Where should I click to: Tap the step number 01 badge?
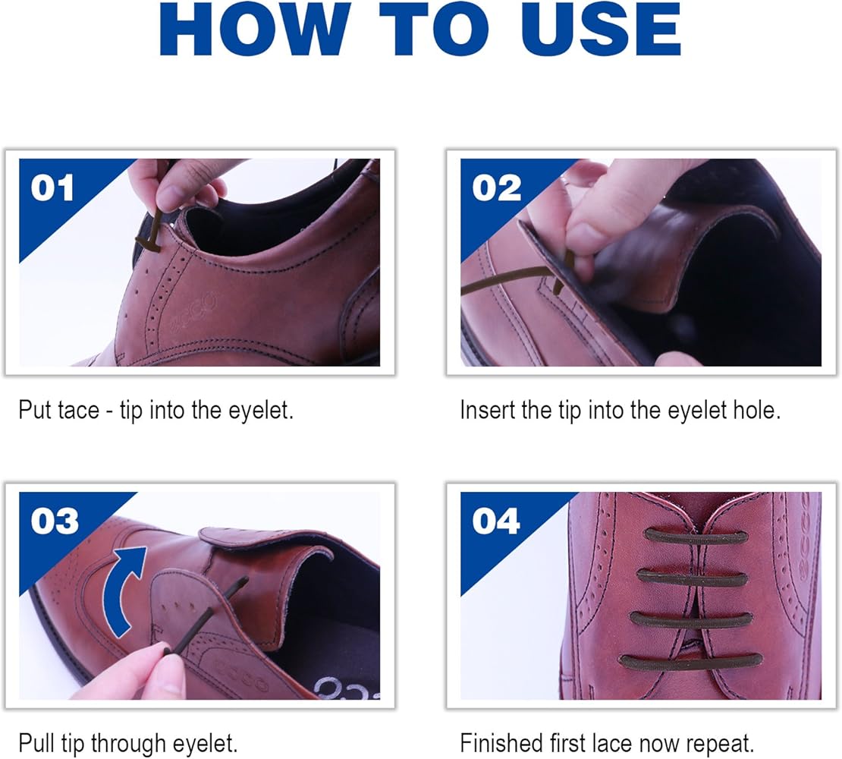tap(53, 188)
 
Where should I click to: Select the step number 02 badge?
tap(497, 188)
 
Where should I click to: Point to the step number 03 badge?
tap(55, 521)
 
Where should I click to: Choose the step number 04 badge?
tap(497, 521)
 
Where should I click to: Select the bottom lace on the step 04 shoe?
tap(690, 661)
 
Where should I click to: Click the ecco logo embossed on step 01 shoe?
tap(193, 312)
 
